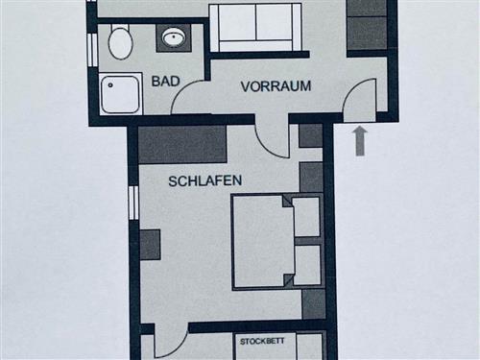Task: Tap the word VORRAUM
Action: pos(276,85)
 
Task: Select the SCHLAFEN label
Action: pos(204,180)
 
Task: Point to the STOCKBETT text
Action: pos(264,340)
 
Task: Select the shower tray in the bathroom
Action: pos(121,93)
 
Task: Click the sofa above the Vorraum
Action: pos(254,29)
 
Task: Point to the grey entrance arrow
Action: pos(360,140)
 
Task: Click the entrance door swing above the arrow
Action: pos(360,101)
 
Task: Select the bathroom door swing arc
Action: pos(193,96)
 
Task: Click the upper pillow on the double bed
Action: pos(307,216)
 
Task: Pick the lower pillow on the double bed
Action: pos(307,265)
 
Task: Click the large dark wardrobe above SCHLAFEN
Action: pos(182,144)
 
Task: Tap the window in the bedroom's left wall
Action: pos(133,203)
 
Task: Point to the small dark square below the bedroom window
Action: pos(149,245)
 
